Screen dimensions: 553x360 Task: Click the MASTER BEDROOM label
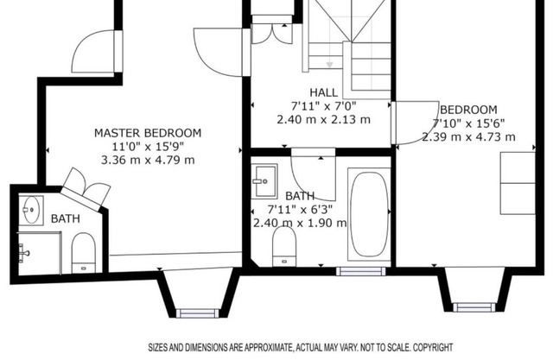[x=148, y=133]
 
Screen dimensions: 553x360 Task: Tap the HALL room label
[x=324, y=92]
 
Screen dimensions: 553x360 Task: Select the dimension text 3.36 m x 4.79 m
[x=148, y=161]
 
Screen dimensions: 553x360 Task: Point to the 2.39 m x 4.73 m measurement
[x=468, y=136]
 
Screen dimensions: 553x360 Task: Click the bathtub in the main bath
[x=369, y=214]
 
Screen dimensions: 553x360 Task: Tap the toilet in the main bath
[x=284, y=246]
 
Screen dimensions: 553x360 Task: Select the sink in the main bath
[x=264, y=181]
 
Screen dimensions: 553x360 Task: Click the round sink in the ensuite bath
[x=31, y=211]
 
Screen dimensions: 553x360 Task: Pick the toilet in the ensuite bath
[x=84, y=253]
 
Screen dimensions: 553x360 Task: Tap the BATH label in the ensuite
[x=66, y=218]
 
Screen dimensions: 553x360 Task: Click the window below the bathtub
[x=361, y=271]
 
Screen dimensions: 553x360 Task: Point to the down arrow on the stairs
[x=329, y=65]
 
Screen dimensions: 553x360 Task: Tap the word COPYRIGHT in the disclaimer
[x=433, y=348]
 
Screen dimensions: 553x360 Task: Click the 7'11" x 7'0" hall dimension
[x=324, y=105]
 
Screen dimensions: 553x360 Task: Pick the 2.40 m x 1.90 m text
[x=300, y=223]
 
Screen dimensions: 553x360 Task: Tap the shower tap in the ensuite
[x=23, y=253]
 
